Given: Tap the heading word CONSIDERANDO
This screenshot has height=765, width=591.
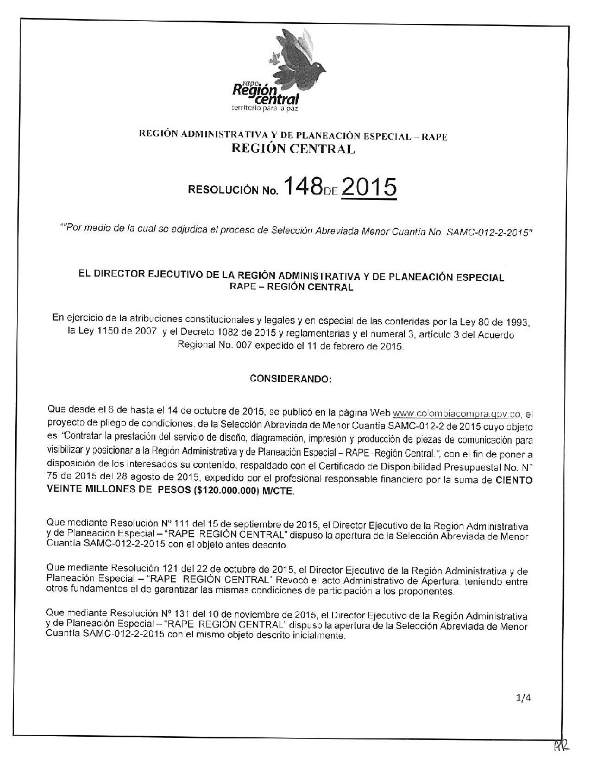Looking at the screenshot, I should pos(290,379).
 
